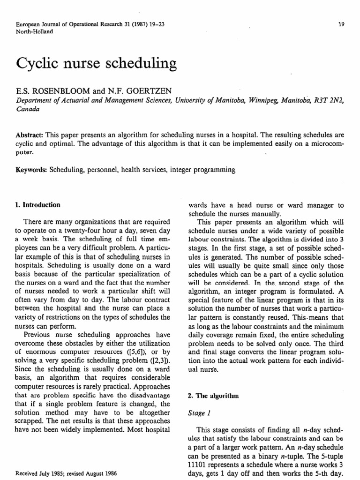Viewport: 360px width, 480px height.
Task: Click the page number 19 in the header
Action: pyautogui.click(x=341, y=24)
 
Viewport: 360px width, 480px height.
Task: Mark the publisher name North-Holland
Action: pyautogui.click(x=34, y=32)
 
